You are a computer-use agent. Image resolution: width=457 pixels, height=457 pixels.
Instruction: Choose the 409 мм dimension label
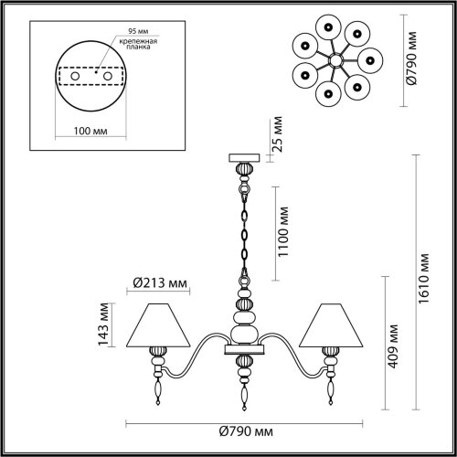point(395,345)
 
